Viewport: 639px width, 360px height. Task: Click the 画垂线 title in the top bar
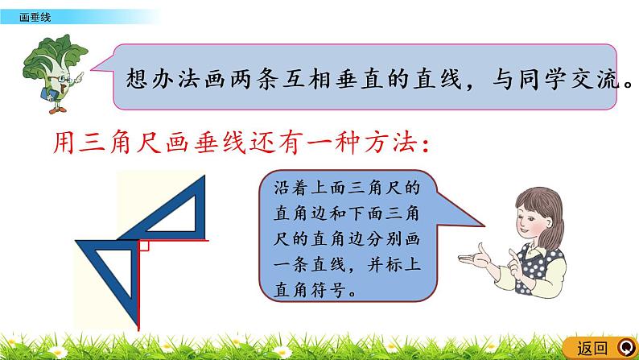point(35,17)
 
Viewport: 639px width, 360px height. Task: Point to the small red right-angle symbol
point(144,246)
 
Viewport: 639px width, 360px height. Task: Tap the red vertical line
point(138,285)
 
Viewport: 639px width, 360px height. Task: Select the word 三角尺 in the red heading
point(122,143)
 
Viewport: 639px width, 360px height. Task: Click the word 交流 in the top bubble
point(596,78)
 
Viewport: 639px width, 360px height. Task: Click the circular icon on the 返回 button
point(627,348)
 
